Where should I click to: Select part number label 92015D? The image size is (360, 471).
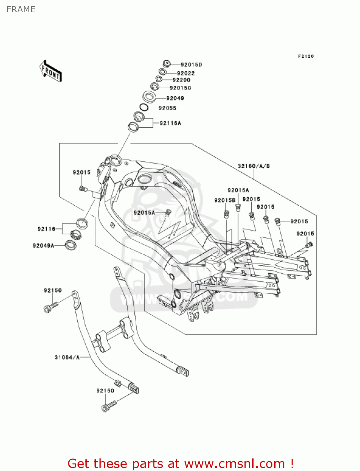tap(191, 65)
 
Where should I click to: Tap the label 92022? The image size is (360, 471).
tap(186, 73)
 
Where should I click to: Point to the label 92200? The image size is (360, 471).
tap(181, 80)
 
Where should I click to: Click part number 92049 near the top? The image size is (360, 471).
tap(175, 98)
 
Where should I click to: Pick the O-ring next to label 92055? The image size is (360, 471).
tap(144, 107)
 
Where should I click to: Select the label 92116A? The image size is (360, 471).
tap(170, 123)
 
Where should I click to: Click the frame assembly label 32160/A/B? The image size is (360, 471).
tap(254, 166)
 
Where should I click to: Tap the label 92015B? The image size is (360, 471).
tap(225, 200)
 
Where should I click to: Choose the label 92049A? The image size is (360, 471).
tap(43, 246)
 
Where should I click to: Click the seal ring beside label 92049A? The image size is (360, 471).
tap(70, 245)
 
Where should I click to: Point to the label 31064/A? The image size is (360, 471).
tap(67, 357)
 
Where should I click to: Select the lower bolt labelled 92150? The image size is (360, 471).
tap(109, 406)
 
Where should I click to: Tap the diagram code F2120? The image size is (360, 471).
tap(306, 56)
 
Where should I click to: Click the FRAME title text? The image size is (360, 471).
tap(21, 9)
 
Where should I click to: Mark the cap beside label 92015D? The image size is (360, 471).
tap(167, 64)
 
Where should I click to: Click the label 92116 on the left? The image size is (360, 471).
tap(46, 229)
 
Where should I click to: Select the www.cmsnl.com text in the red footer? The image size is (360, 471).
tap(234, 463)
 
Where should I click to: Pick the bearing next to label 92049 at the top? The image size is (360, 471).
tap(150, 96)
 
